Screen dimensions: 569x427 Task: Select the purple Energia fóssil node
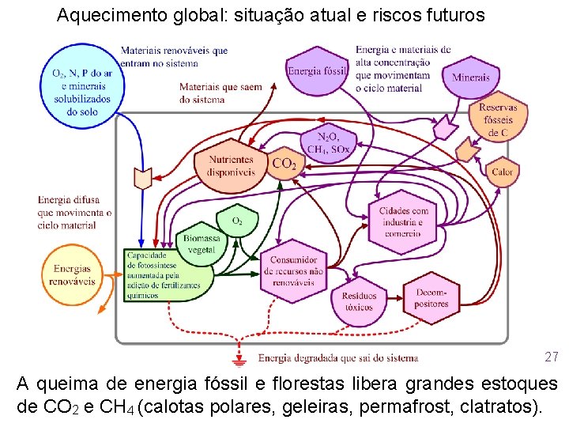[x=317, y=70]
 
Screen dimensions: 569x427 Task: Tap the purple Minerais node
[x=472, y=77]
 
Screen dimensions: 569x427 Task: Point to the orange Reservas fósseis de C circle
[x=498, y=120]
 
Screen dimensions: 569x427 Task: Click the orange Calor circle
[x=502, y=172]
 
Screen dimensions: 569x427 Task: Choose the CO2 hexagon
[x=284, y=164]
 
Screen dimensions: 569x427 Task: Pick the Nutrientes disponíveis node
[x=231, y=166]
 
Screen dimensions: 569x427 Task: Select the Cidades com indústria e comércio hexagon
[x=403, y=221]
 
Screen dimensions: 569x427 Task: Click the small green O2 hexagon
[x=236, y=221]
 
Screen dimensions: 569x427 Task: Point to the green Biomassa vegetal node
[x=201, y=244]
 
